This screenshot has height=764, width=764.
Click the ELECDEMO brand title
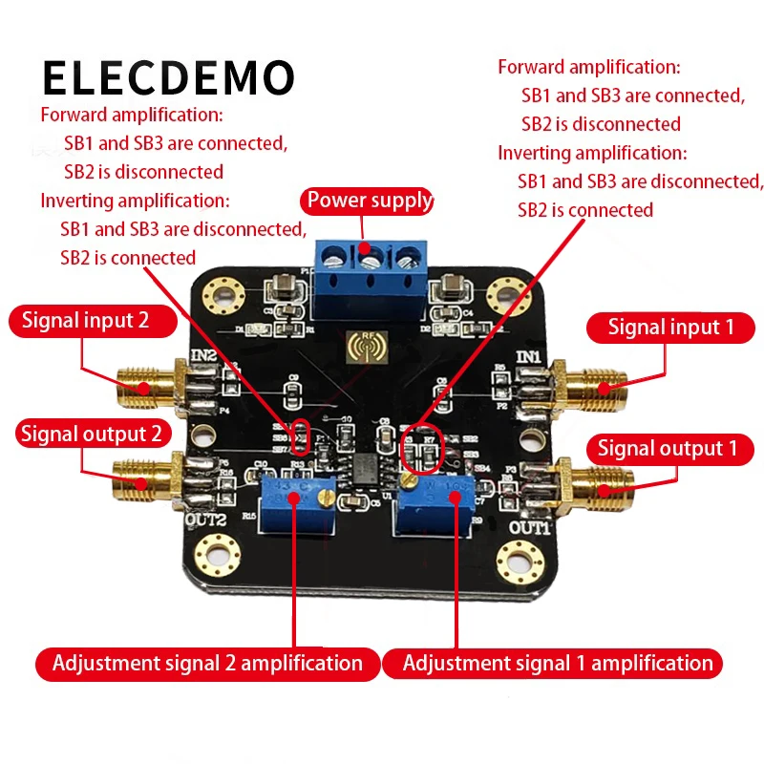pos(169,77)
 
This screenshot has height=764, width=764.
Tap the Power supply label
pos(368,202)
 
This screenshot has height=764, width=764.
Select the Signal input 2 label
pos(86,320)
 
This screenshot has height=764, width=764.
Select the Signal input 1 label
pos(671,328)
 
